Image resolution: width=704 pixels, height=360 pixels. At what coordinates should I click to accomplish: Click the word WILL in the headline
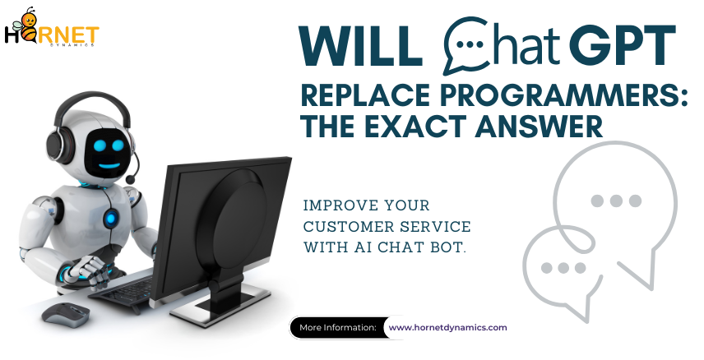tap(361, 46)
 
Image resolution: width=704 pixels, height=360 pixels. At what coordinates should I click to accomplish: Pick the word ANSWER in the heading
tap(539, 126)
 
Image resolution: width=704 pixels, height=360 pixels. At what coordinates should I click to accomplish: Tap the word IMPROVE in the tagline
tap(336, 205)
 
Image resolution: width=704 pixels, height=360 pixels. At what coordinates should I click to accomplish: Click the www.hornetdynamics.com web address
tap(447, 327)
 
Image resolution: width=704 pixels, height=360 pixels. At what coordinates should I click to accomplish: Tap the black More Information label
tap(338, 328)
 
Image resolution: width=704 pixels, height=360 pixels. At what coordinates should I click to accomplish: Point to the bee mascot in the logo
tap(28, 26)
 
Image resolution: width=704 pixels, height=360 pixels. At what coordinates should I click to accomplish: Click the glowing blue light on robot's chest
tap(111, 219)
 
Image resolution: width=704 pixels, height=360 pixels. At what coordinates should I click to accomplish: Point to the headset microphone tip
tap(131, 179)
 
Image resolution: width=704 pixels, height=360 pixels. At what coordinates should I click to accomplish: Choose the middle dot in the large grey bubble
tap(616, 201)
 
